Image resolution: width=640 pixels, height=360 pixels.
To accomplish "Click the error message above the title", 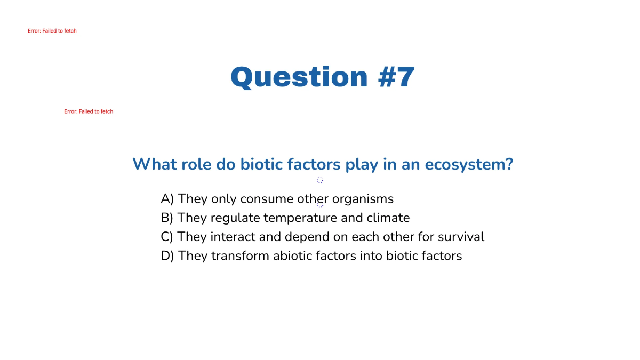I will (x=52, y=31).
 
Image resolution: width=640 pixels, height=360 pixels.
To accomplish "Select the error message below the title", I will (x=89, y=111).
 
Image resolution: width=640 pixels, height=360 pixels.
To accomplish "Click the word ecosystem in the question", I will (x=468, y=164).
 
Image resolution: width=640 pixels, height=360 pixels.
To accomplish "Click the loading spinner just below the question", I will (x=320, y=180).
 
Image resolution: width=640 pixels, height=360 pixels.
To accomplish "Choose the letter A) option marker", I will (x=167, y=199).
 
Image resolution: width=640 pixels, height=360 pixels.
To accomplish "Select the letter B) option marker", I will (x=167, y=218).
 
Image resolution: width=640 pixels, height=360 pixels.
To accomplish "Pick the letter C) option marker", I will (x=167, y=237).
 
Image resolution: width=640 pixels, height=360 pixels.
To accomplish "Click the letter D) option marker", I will (x=167, y=256).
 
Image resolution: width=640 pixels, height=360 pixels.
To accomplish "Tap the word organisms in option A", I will (x=363, y=199).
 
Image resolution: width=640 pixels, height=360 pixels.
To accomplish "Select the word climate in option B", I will (x=388, y=218).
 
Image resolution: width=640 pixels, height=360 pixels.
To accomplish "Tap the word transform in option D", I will (x=240, y=256).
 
